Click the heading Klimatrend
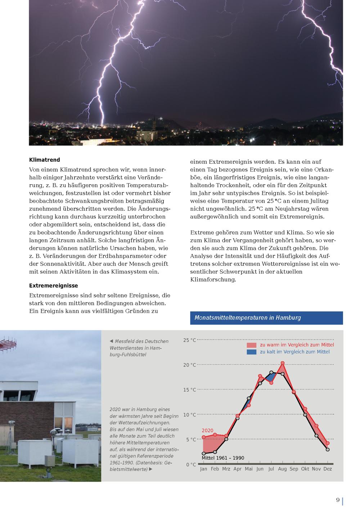[45, 160]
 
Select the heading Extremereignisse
[54, 286]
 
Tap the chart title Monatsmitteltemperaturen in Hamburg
[247, 318]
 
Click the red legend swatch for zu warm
[252, 345]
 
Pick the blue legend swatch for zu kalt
[252, 352]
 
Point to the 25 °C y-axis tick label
[190, 340]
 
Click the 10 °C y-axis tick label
[190, 415]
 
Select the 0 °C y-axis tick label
[191, 465]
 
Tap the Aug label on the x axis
[282, 469]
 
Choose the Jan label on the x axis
[204, 469]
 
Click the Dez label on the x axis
[328, 469]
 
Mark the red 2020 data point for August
[283, 363]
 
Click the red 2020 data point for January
[204, 437]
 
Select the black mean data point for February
[215, 452]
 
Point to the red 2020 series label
[207, 431]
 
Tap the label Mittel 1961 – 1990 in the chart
[223, 458]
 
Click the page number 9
[338, 500]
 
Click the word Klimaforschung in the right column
[213, 279]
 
